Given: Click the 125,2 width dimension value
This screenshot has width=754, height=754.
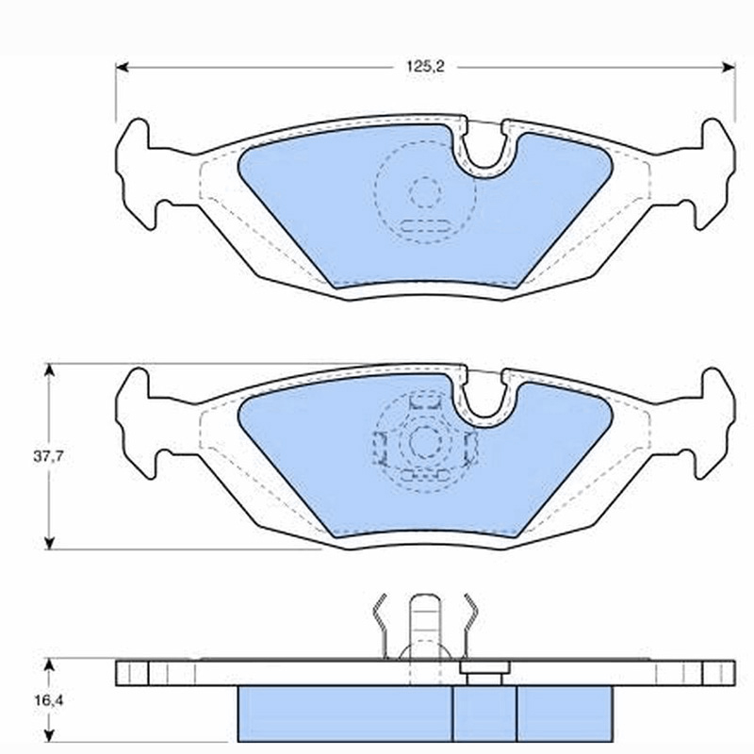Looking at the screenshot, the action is pyautogui.click(x=426, y=66).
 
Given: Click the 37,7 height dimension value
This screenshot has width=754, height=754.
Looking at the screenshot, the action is pyautogui.click(x=48, y=456).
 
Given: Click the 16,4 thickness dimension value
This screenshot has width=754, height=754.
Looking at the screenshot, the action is pyautogui.click(x=48, y=700).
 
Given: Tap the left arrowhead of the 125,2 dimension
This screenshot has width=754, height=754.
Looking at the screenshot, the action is pyautogui.click(x=123, y=67).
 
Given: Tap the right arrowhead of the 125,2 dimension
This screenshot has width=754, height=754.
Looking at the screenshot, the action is pyautogui.click(x=729, y=67).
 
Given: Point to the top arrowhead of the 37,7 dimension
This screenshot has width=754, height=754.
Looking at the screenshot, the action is pyautogui.click(x=49, y=369).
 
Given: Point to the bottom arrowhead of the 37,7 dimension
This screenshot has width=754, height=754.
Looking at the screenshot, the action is pyautogui.click(x=49, y=543).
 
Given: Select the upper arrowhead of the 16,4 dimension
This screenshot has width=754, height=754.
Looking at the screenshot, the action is pyautogui.click(x=49, y=665).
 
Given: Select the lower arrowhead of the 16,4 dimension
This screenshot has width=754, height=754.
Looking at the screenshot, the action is pyautogui.click(x=49, y=735).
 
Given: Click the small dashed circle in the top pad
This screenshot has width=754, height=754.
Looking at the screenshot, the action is pyautogui.click(x=426, y=192).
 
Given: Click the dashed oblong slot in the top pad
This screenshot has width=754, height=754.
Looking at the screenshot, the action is pyautogui.click(x=425, y=226).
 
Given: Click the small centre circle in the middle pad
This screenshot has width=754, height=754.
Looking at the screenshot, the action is pyautogui.click(x=426, y=441).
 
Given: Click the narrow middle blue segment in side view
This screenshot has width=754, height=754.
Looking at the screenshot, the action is pyautogui.click(x=484, y=713).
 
